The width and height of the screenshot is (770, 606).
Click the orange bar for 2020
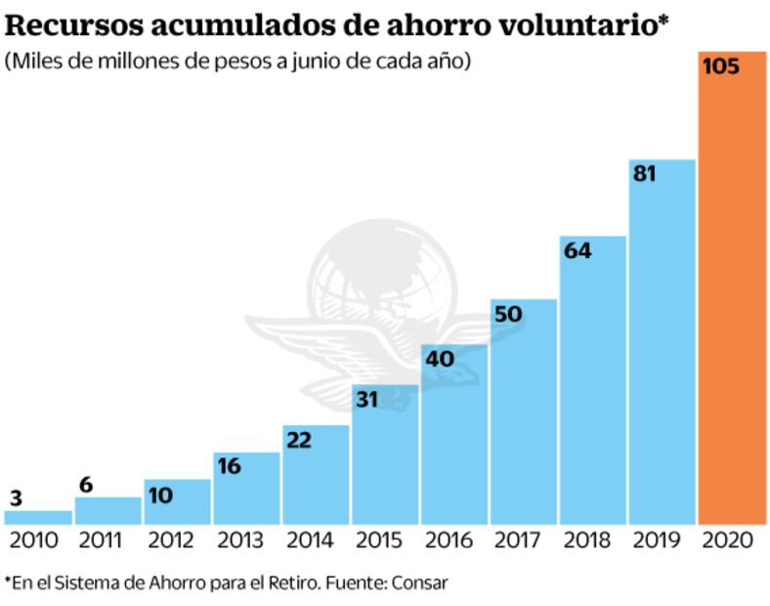point(732,293)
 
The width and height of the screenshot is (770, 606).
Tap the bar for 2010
point(38,517)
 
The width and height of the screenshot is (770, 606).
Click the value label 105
point(721,68)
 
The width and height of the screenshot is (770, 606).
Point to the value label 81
point(645,175)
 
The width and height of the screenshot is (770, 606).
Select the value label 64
point(577,251)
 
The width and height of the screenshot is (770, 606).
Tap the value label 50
point(508,314)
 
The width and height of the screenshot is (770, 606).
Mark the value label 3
point(16,498)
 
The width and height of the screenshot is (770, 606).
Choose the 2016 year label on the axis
point(453,540)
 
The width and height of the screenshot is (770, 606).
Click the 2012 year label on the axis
point(177,540)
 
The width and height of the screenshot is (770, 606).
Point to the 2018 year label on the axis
point(592,540)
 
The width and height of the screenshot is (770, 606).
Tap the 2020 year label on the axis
point(731,540)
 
